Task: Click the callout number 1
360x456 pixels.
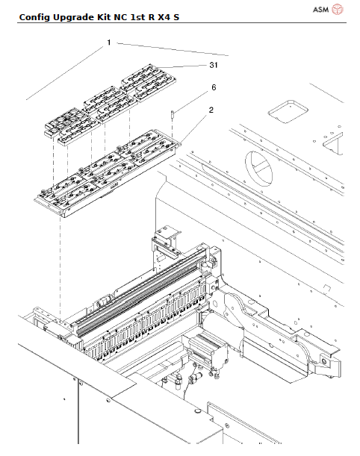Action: coord(108,43)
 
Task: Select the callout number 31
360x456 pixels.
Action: coord(214,66)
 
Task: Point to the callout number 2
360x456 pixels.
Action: coord(211,110)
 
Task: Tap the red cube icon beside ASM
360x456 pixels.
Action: coord(338,10)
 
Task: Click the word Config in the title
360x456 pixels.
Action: coord(34,15)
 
